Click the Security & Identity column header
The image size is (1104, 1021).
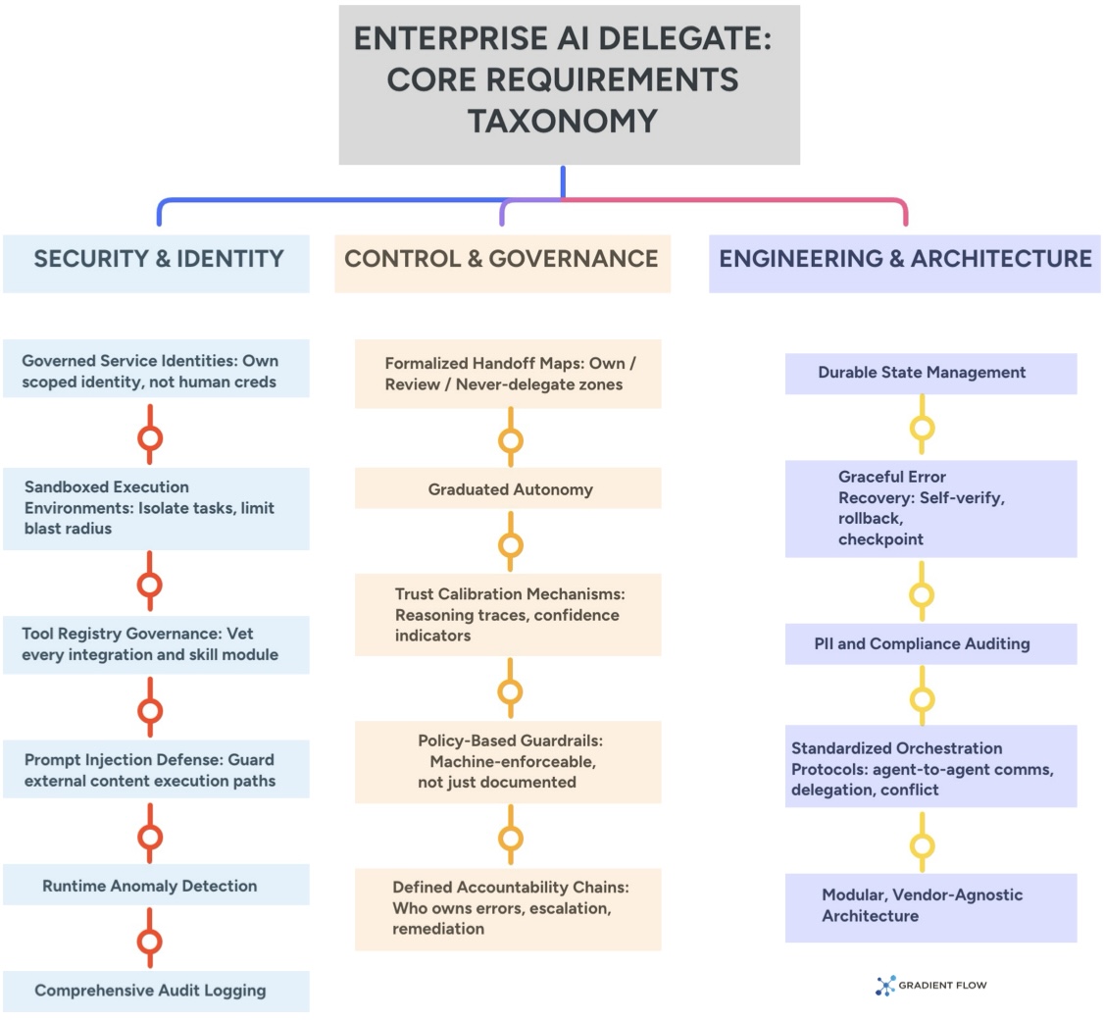tap(157, 259)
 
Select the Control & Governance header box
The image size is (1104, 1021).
tap(502, 259)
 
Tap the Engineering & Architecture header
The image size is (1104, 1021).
tap(904, 259)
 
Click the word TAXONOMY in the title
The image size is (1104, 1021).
tap(561, 121)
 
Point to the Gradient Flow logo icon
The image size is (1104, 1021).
tap(885, 986)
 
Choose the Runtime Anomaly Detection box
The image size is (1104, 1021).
tap(150, 886)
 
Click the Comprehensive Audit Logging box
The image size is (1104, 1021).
tap(150, 991)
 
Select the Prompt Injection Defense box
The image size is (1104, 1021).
tap(150, 770)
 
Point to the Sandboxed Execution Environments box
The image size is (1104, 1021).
tap(150, 507)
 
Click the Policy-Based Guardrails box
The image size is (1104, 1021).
tap(508, 761)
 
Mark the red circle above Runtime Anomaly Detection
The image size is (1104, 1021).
tap(150, 837)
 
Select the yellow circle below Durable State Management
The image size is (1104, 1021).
tap(922, 428)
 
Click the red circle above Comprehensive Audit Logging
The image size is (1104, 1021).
tap(150, 942)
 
